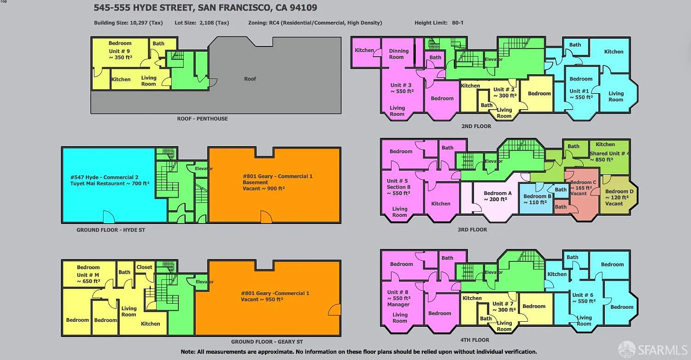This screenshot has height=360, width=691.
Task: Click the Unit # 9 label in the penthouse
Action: coord(119,51)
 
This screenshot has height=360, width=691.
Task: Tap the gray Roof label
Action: coord(250,79)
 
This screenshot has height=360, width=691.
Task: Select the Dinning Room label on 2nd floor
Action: coord(398,54)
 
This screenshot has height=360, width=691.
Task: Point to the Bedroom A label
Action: coord(498,193)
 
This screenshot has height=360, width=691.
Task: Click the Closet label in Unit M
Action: coord(144,267)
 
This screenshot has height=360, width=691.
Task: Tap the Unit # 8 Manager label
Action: coord(398,298)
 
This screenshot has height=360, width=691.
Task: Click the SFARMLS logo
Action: coord(653,350)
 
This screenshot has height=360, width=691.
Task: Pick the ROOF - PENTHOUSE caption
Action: coord(202,118)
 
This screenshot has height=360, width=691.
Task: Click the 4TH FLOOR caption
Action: coord(475,340)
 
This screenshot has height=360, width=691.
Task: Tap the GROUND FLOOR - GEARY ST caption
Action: coord(267,342)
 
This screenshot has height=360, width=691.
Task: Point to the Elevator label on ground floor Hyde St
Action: coord(204,169)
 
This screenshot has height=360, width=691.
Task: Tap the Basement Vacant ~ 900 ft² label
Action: coord(264,186)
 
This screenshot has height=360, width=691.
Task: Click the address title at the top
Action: coord(205,8)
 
